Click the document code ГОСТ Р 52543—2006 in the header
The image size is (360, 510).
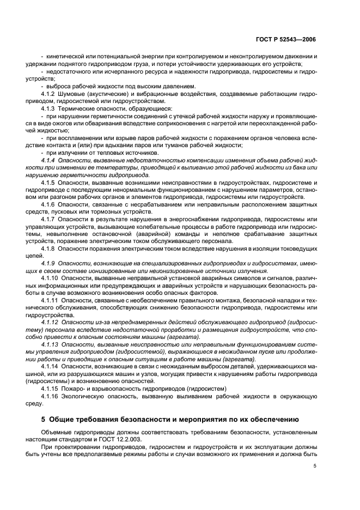[286, 40]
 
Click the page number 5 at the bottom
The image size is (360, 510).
[315, 466]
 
